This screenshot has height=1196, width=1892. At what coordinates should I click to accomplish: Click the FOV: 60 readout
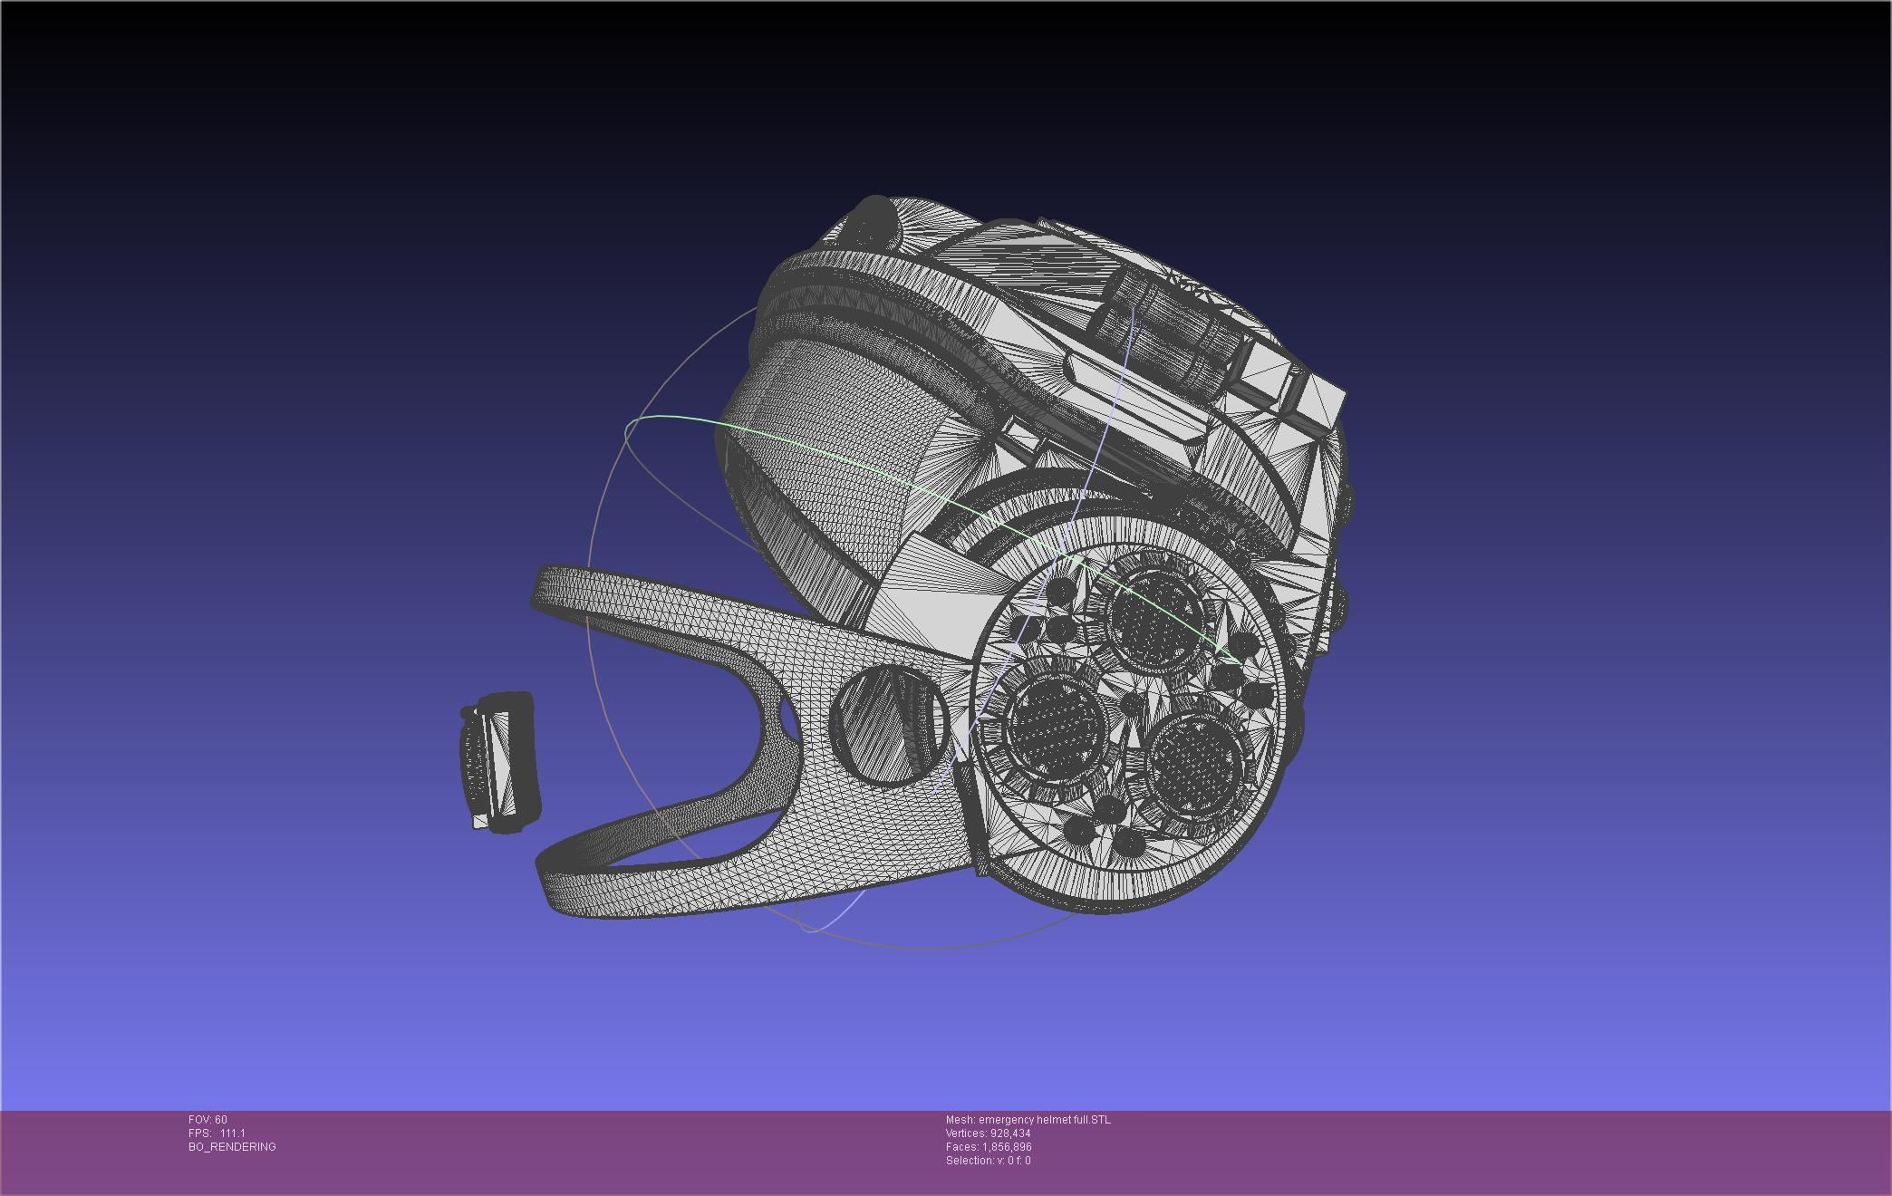coord(208,1120)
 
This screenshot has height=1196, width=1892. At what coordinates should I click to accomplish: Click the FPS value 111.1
coord(232,1133)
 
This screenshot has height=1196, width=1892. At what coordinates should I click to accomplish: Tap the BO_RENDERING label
coord(232,1147)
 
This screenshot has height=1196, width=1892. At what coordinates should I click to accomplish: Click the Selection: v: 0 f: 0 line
coord(988,1161)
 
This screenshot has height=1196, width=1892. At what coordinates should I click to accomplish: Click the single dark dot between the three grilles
coord(1133,704)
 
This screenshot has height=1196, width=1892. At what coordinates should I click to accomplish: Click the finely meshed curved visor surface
coord(834,435)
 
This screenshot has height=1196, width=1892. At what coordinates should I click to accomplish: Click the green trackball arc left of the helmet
coord(671,418)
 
